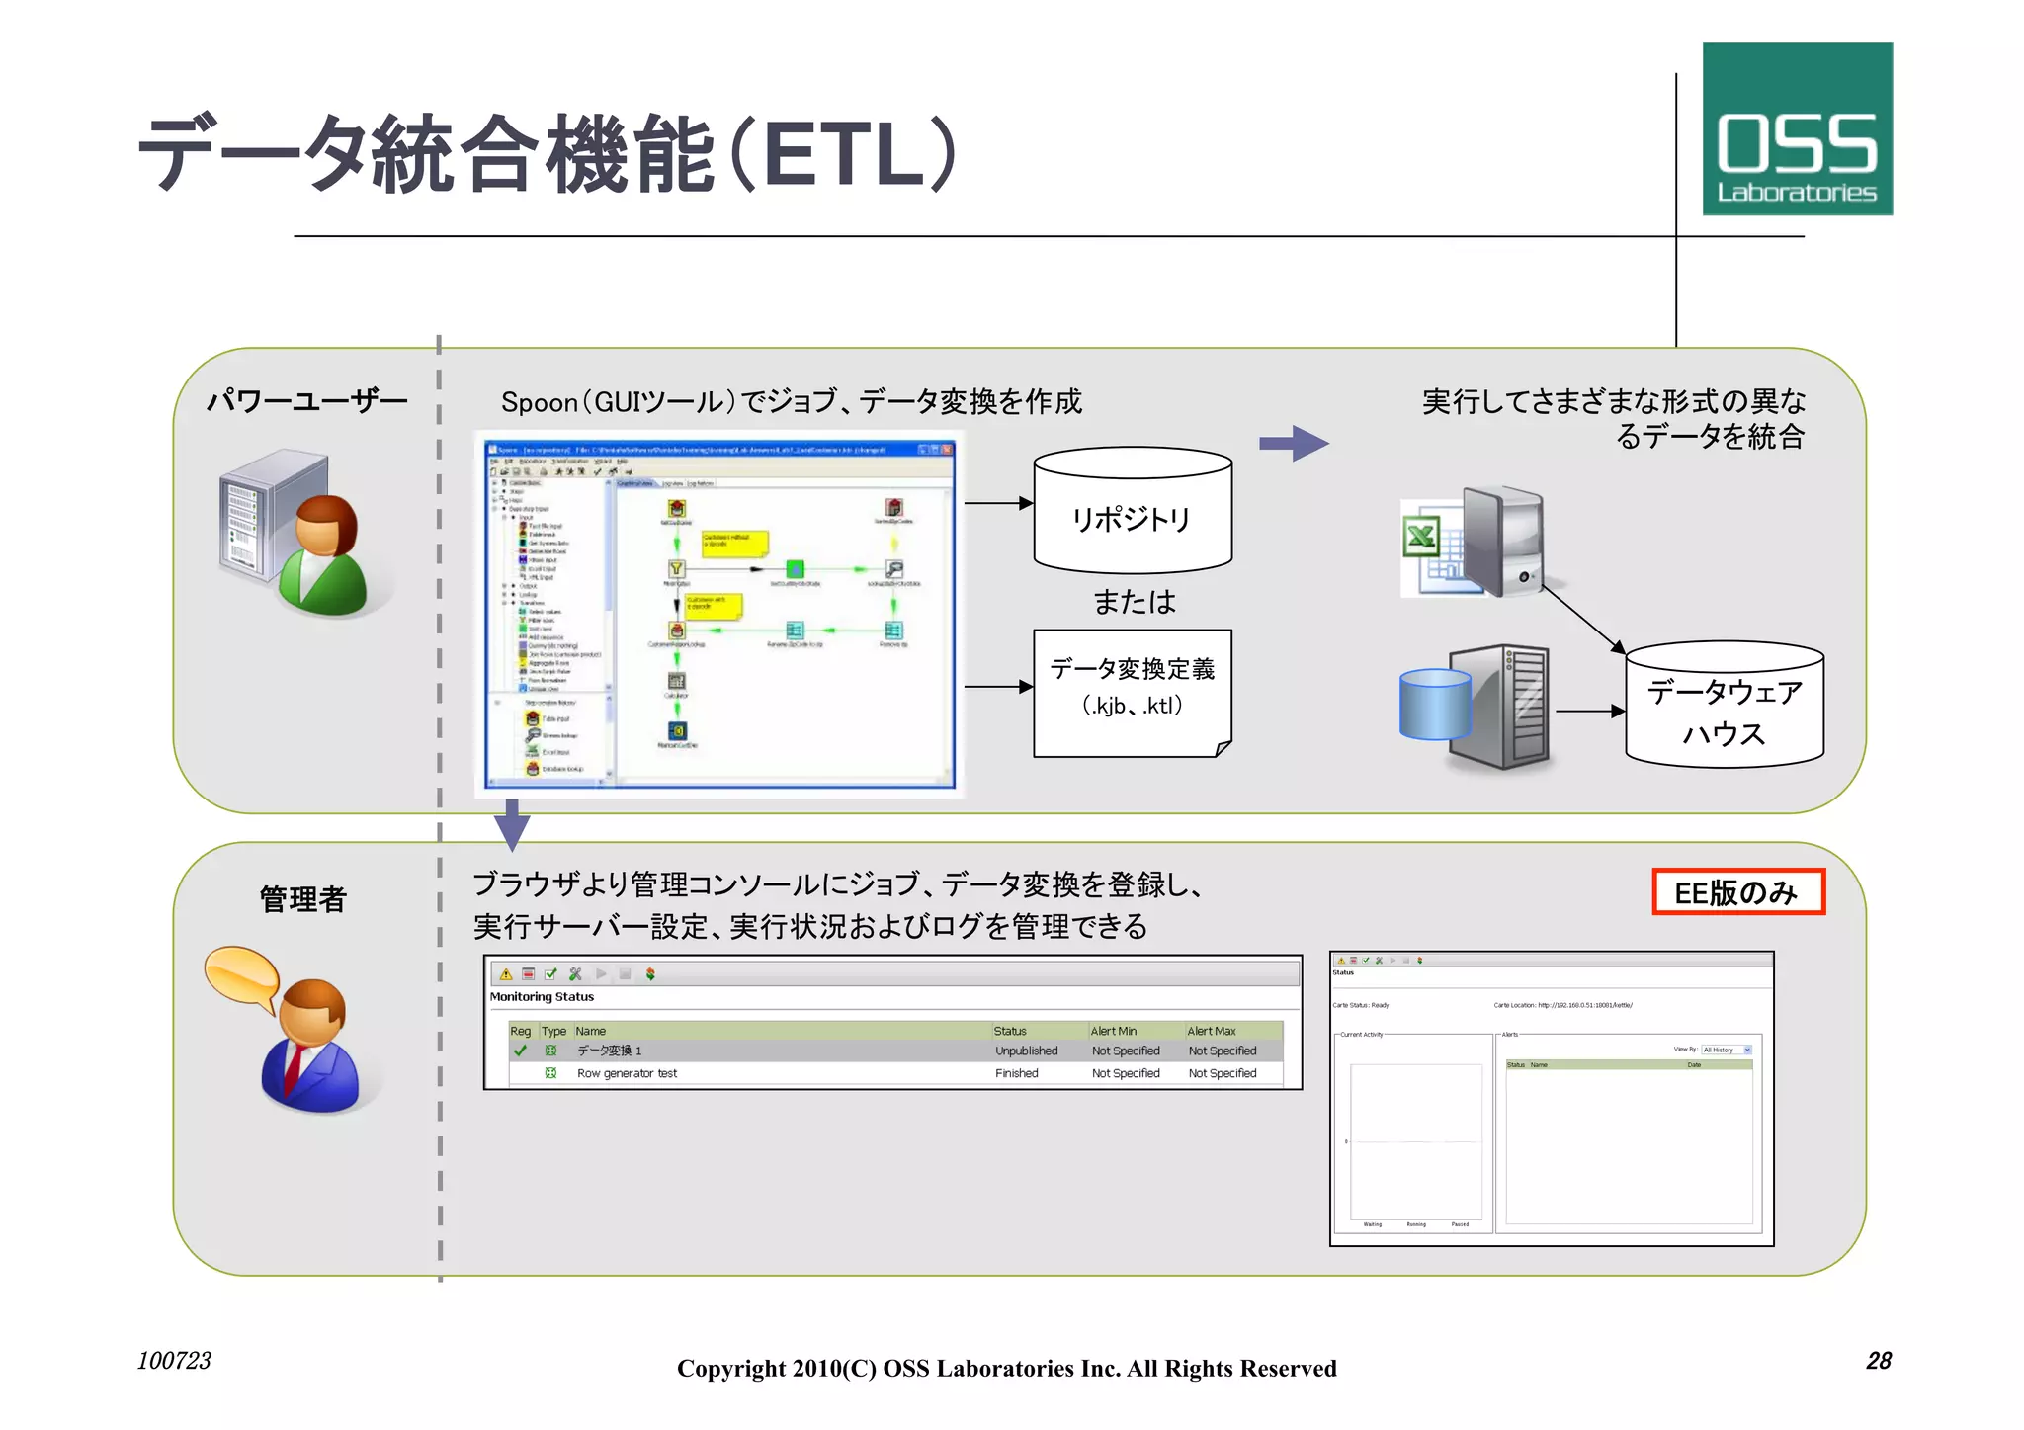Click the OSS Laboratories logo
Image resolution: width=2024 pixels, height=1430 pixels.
click(1797, 129)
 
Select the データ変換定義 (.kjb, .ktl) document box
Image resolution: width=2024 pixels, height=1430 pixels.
click(1133, 691)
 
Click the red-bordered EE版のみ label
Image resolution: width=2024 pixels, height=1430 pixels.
click(1737, 891)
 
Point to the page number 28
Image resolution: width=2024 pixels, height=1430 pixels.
click(1878, 1361)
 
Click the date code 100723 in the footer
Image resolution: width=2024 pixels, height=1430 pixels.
click(174, 1361)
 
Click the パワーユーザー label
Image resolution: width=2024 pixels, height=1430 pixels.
click(306, 401)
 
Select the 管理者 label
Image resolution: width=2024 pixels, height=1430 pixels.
click(303, 898)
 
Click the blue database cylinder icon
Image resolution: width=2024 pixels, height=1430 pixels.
click(1435, 704)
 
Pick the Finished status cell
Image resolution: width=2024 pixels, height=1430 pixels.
click(1016, 1073)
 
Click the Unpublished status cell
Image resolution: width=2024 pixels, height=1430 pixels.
click(1026, 1051)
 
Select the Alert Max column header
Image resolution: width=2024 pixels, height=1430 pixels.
click(1212, 1031)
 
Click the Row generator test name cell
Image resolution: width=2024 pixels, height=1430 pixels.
click(627, 1073)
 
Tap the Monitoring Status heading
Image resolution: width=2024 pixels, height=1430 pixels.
click(542, 996)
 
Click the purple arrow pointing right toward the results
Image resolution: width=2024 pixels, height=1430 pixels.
click(1294, 444)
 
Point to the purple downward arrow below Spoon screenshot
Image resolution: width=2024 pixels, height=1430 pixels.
click(512, 824)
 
